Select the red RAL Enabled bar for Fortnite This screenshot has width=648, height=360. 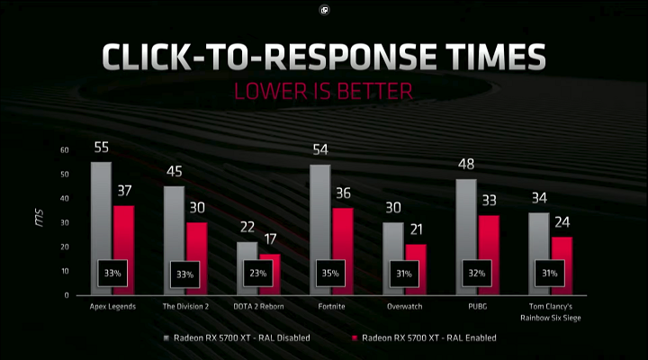(x=342, y=234)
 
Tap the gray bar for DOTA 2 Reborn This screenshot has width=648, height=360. (x=247, y=252)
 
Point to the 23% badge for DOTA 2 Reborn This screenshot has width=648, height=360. (x=257, y=273)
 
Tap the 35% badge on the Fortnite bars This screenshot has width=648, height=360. (x=331, y=273)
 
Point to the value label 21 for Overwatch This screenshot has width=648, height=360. (x=415, y=230)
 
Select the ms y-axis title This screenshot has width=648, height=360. (x=39, y=221)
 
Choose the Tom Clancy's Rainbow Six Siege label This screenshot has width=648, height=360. (x=549, y=311)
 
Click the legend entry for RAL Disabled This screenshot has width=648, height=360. (x=242, y=338)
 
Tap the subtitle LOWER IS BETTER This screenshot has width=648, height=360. (x=323, y=91)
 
